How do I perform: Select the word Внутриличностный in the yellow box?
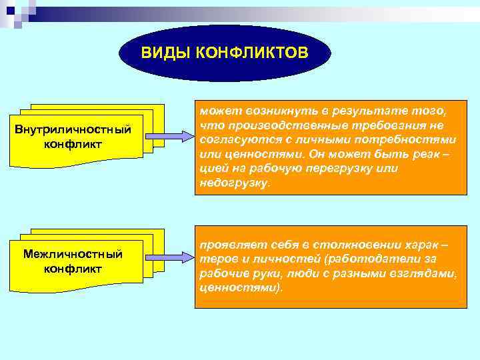pyautogui.click(x=73, y=129)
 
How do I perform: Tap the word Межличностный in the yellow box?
pyautogui.click(x=73, y=254)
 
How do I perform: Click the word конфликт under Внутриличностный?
pyautogui.click(x=73, y=143)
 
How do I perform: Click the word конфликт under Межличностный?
pyautogui.click(x=73, y=269)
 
